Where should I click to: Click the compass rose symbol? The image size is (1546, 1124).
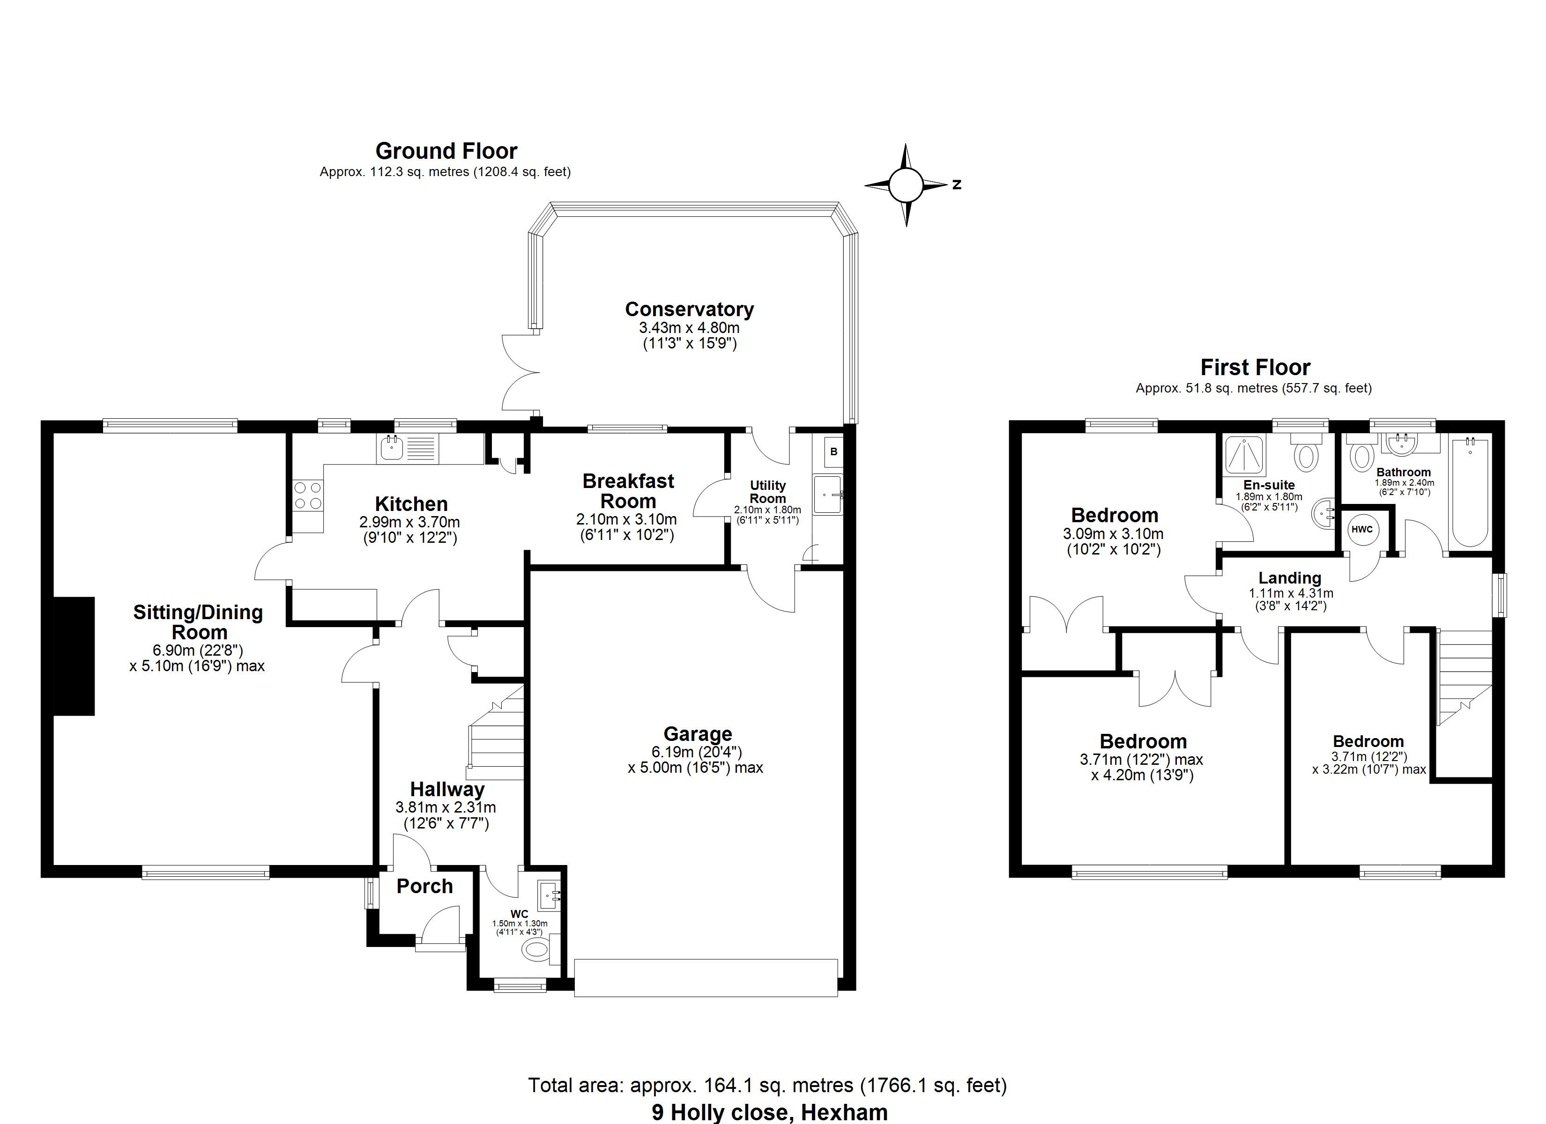(905, 185)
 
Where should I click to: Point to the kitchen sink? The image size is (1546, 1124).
(393, 449)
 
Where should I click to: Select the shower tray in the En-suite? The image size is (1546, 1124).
(1245, 455)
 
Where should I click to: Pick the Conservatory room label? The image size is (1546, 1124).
(689, 310)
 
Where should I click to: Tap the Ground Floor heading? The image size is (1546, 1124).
(446, 151)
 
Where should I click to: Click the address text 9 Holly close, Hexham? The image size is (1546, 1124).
(770, 1112)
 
